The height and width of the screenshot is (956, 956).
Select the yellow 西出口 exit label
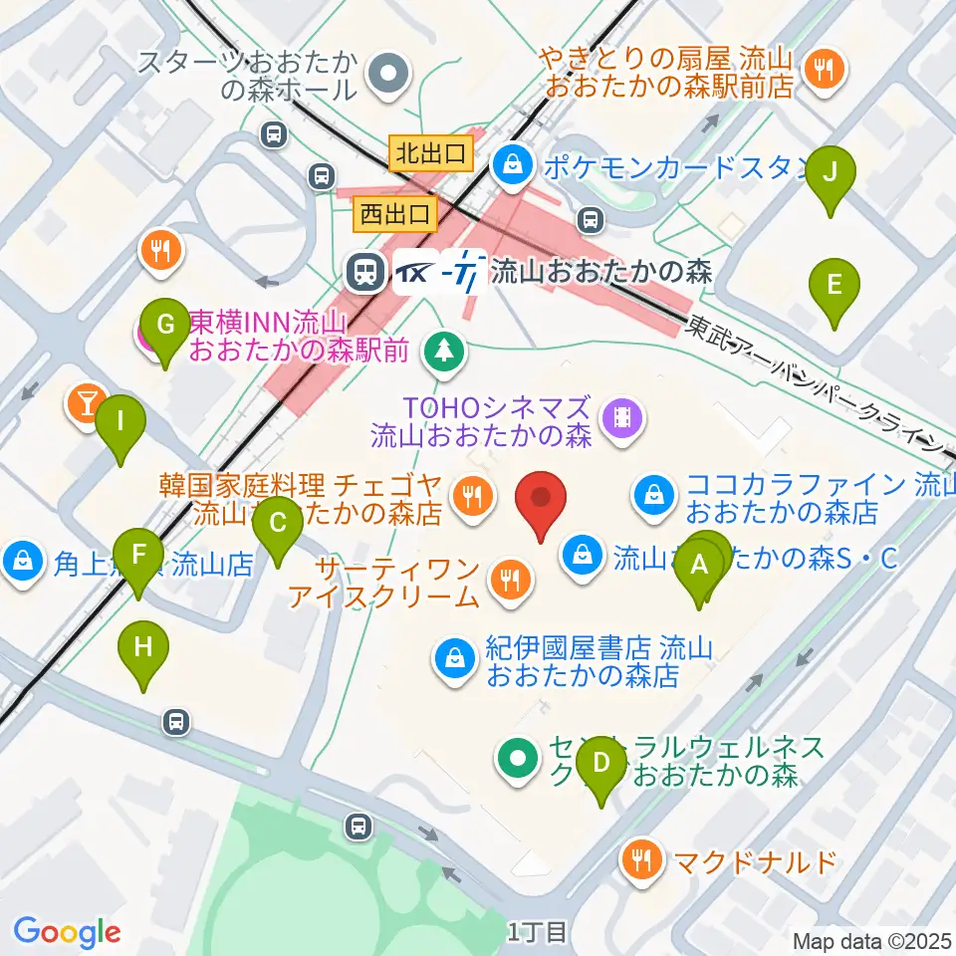395,212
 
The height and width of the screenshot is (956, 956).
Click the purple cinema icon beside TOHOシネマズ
622,415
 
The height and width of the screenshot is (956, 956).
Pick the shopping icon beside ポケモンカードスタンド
512,162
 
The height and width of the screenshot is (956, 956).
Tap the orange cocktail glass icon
86,403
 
